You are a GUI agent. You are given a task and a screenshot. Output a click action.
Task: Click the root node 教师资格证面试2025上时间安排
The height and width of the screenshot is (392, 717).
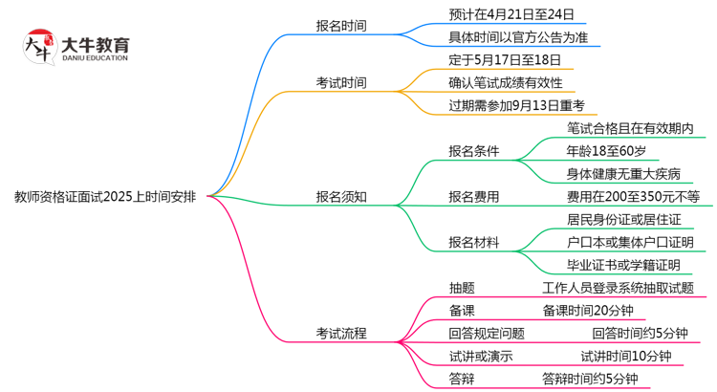click(x=106, y=197)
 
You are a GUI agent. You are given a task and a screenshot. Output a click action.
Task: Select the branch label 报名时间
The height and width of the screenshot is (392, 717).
click(x=340, y=26)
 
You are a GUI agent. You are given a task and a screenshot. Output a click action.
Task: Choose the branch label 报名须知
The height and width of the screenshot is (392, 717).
click(x=340, y=197)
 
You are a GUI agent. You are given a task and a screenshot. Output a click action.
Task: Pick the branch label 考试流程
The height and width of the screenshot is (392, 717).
click(x=340, y=334)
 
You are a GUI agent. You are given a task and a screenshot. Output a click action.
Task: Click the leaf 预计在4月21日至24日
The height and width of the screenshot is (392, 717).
click(x=511, y=14)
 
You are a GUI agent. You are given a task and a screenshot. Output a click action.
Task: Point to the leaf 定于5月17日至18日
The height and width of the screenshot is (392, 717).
click(x=504, y=59)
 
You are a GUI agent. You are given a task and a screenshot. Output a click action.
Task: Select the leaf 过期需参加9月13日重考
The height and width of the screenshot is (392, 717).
click(x=516, y=105)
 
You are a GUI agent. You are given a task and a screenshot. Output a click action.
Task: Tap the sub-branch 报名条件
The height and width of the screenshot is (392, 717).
click(x=473, y=151)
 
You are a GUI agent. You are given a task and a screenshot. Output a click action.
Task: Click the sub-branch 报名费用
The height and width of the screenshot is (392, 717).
click(x=473, y=197)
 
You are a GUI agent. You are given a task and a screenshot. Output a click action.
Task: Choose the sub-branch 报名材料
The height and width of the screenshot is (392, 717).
click(x=473, y=242)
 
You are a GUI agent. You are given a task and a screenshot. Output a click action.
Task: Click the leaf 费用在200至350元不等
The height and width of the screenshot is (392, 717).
click(x=633, y=197)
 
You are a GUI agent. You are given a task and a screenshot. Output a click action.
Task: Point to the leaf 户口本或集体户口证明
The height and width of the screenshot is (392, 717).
click(x=630, y=242)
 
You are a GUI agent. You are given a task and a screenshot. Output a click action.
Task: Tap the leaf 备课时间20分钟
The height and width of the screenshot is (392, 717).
click(x=588, y=311)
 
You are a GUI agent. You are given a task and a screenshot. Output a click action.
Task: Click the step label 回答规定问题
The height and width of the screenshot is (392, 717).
click(x=486, y=334)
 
